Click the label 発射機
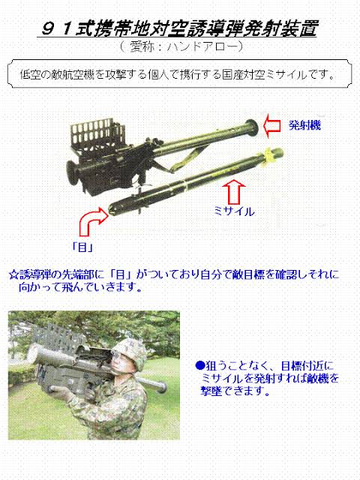[304, 125]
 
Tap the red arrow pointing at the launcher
[272, 125]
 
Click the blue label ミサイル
[234, 211]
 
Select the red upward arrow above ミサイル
[234, 192]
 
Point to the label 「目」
[82, 247]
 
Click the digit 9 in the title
[48, 29]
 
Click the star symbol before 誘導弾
[13, 274]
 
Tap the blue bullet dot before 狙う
[199, 365]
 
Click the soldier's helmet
[130, 352]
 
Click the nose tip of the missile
[110, 210]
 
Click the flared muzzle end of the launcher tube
[252, 127]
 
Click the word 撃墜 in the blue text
[211, 391]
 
